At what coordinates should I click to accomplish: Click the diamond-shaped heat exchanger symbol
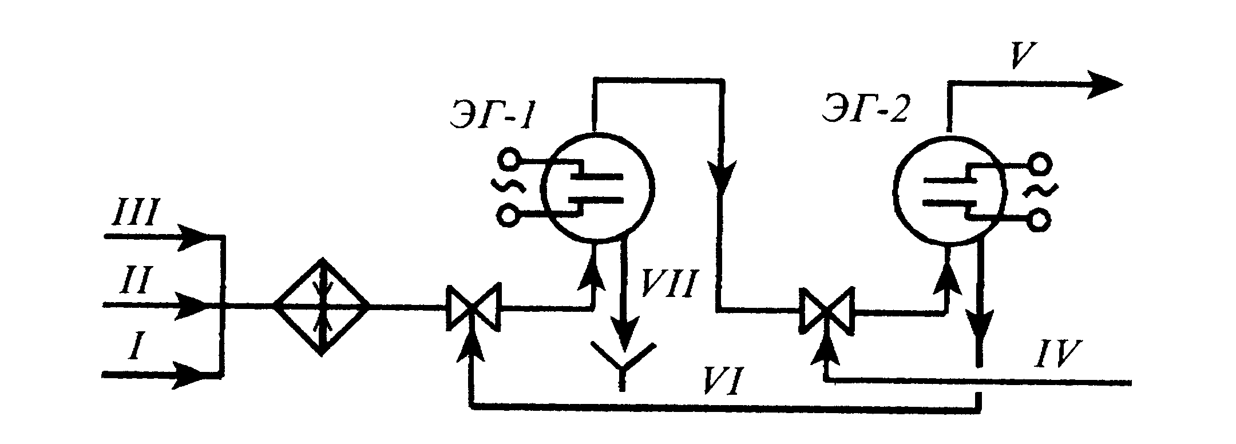[x=321, y=307]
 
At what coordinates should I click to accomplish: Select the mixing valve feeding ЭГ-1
[x=473, y=310]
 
